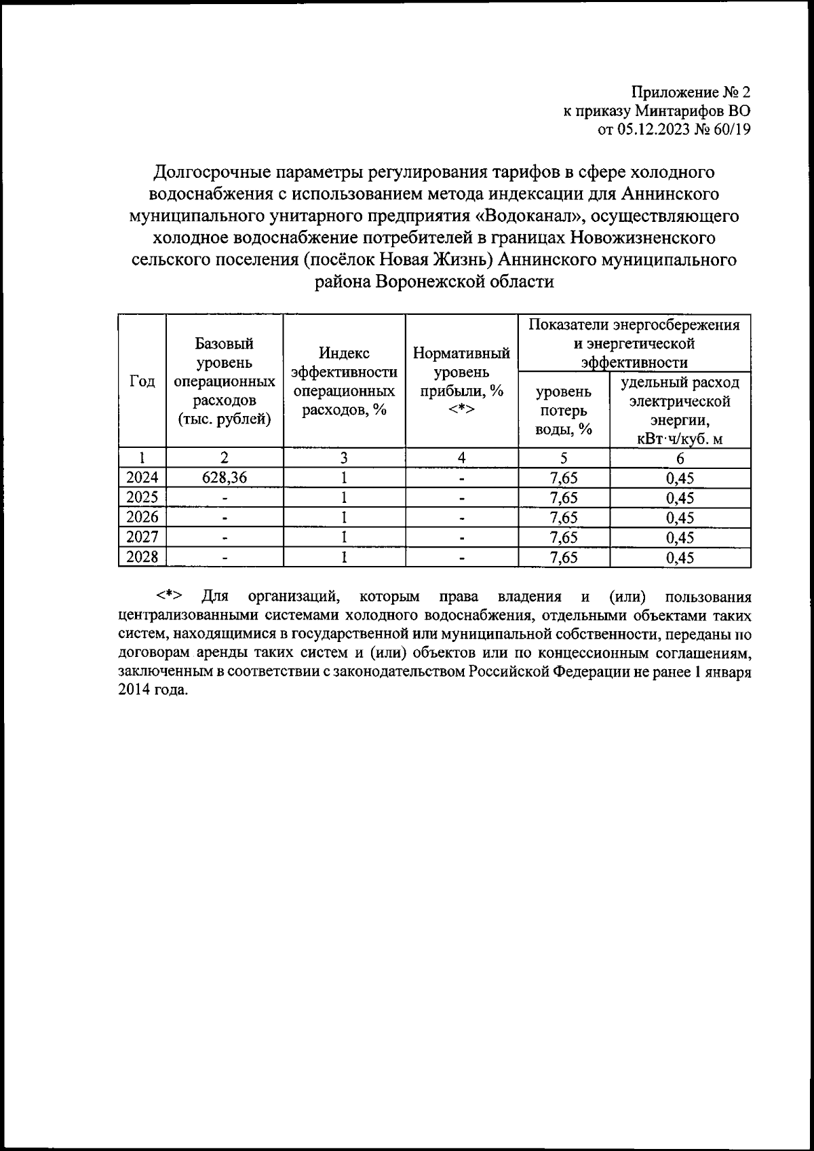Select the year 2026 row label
142,518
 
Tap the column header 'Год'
142,382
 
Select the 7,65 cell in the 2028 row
564,558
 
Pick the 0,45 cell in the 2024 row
680,478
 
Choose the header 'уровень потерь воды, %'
564,411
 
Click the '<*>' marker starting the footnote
169,597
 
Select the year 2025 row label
142,498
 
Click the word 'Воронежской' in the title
431,282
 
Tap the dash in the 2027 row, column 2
225,538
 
